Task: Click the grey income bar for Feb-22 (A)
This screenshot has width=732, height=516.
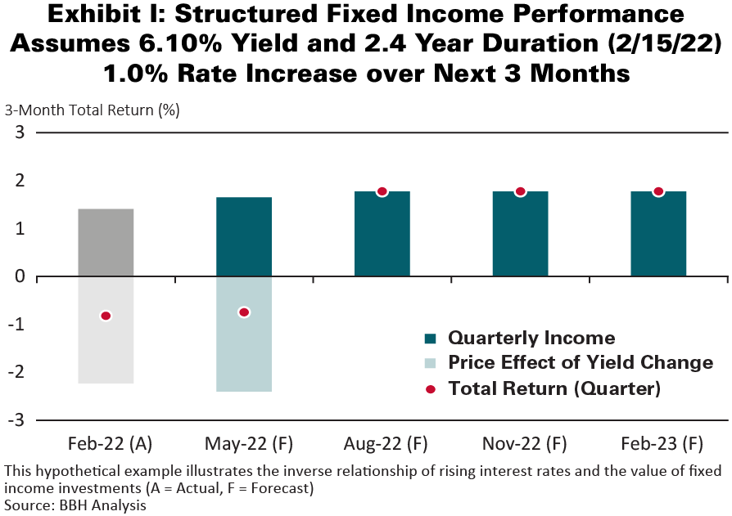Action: pos(106,243)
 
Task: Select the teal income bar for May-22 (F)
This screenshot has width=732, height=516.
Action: pos(244,237)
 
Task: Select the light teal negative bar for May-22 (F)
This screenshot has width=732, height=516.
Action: pos(244,352)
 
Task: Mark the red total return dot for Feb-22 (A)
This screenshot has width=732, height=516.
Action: pos(106,316)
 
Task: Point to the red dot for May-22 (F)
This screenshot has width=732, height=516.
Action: pos(244,312)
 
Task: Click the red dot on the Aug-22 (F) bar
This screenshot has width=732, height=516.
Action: pos(382,191)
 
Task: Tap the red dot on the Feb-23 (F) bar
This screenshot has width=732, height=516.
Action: pos(658,191)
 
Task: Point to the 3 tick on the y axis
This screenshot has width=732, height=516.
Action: pos(20,133)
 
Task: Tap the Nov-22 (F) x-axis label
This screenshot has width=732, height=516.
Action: pos(520,444)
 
